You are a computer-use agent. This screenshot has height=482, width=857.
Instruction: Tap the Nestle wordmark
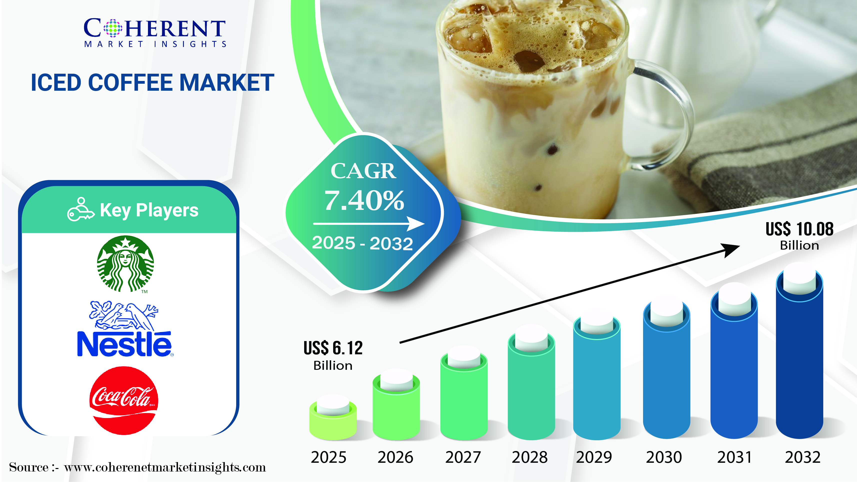[124, 344]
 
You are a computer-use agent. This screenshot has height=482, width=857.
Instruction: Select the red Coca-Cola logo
[124, 401]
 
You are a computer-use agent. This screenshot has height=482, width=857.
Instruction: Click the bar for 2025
[333, 418]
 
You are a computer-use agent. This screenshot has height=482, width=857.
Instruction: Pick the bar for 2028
[531, 383]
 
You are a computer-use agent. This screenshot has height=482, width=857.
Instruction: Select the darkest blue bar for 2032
[800, 351]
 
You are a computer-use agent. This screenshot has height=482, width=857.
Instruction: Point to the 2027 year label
[463, 457]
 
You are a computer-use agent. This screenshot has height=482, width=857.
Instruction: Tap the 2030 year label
[664, 457]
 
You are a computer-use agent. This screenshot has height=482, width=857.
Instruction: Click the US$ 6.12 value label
[333, 355]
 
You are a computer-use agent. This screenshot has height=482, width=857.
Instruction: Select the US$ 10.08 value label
[800, 236]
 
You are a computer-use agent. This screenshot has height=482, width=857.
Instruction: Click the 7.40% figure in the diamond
[364, 201]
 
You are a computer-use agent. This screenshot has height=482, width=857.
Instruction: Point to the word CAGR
[363, 171]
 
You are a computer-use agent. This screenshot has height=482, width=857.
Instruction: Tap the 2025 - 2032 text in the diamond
[362, 243]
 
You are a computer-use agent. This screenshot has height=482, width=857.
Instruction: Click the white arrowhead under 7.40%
[416, 224]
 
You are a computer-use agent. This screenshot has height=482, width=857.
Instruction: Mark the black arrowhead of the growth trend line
[730, 250]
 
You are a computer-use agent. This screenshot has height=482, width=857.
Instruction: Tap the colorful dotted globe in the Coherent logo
[113, 28]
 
